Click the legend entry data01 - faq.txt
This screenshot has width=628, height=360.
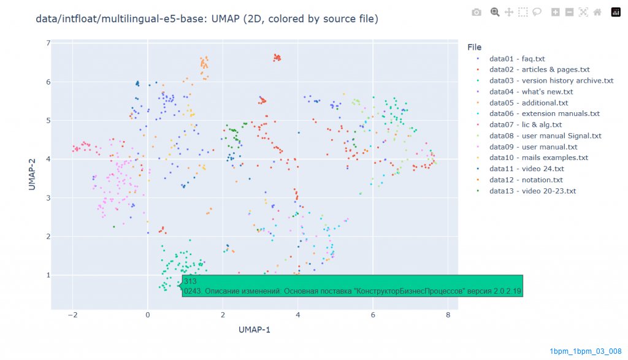point(517,59)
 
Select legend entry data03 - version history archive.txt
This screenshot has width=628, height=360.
point(551,81)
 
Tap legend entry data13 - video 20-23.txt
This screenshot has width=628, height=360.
point(532,191)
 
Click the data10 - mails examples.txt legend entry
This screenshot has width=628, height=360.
point(538,158)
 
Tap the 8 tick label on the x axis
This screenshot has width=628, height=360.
point(448,315)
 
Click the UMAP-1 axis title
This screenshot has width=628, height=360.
point(255,330)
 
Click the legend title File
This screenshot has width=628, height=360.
point(474,47)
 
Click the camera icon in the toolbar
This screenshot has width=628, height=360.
point(477,12)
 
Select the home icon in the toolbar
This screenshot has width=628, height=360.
point(597,12)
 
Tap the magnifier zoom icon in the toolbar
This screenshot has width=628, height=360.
point(494,12)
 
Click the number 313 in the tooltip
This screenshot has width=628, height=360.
point(190,281)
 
